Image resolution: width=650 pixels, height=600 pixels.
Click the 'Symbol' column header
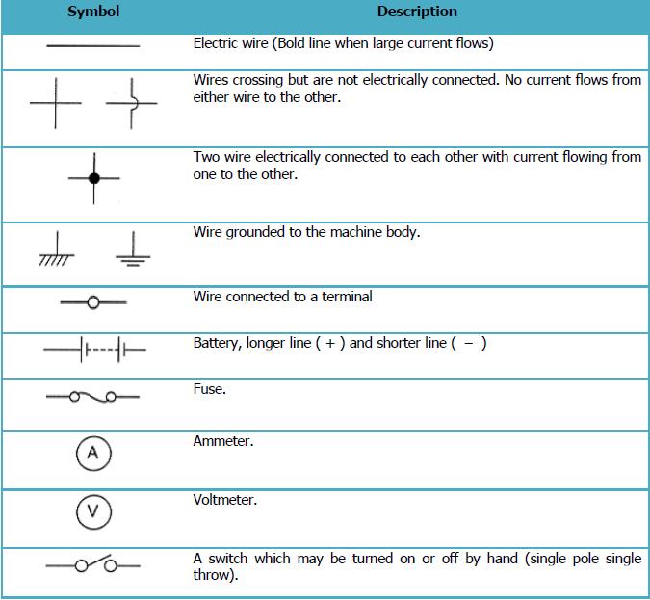point(92,13)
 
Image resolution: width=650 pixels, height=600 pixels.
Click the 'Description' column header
point(417,13)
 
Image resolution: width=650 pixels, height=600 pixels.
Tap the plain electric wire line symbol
point(93,46)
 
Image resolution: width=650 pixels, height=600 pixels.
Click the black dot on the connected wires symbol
point(93,179)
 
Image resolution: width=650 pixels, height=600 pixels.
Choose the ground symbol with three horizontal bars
point(133,252)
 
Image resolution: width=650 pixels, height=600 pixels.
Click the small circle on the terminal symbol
point(93,302)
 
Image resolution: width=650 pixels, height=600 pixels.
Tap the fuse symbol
point(92,397)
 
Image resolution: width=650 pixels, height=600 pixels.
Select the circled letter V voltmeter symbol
point(93,511)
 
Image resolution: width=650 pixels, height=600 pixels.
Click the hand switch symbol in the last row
point(92,565)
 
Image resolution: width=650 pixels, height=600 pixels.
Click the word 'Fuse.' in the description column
point(209,388)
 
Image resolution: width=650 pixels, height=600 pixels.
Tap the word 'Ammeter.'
point(222,441)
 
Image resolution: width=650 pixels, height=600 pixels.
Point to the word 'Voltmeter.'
point(225,501)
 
